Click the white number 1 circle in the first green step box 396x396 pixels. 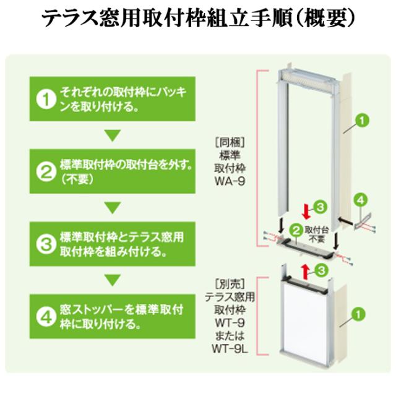click(46, 100)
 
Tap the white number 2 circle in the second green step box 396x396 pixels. click(46, 172)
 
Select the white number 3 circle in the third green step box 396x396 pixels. click(46, 244)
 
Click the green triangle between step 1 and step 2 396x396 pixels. click(113, 136)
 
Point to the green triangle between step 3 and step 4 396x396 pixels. click(113, 280)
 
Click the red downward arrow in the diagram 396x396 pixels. click(307, 212)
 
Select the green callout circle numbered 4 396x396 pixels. click(361, 200)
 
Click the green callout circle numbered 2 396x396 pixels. click(296, 230)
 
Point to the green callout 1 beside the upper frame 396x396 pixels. click(362, 121)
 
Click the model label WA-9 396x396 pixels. click(230, 181)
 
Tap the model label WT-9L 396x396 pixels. click(230, 349)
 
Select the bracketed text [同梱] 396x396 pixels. click(230, 143)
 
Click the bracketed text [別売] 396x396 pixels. click(230, 285)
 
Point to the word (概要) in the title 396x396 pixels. click(324, 19)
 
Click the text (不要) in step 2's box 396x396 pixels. click(77, 179)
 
